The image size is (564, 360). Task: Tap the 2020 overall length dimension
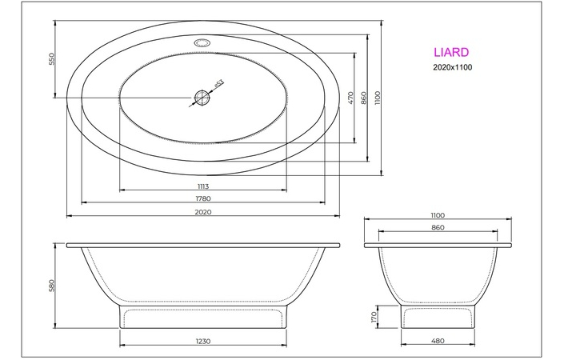tap(202, 212)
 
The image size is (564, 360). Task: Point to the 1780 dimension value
tap(202, 198)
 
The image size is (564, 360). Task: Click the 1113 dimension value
tap(202, 186)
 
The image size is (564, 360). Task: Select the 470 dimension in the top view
tap(350, 98)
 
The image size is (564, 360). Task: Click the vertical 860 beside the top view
tap(364, 98)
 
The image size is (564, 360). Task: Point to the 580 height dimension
tap(50, 286)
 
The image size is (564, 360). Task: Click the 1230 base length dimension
tap(202, 341)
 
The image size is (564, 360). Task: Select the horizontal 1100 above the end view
tap(436, 215)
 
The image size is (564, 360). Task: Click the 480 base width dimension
tap(436, 341)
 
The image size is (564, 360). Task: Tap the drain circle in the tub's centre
tap(202, 98)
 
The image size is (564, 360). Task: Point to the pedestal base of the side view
tap(202, 317)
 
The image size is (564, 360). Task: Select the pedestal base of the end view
tap(436, 317)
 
